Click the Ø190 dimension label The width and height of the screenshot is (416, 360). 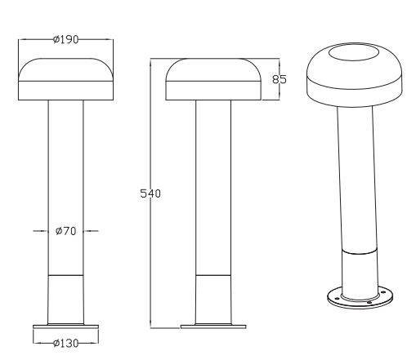tap(65, 41)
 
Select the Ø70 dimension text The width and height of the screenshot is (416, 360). tap(65, 231)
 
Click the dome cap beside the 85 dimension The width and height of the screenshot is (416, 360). tap(212, 79)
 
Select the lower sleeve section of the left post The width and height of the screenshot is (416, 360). tap(65, 298)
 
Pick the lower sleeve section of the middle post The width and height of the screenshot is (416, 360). tap(212, 298)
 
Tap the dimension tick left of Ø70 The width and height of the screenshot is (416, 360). tap(41, 231)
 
